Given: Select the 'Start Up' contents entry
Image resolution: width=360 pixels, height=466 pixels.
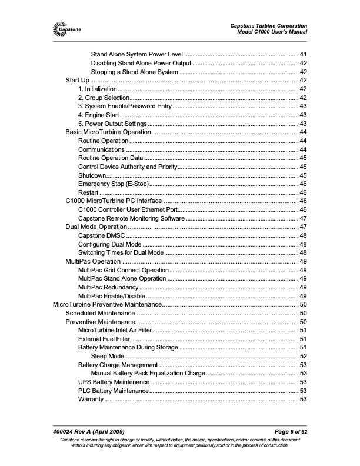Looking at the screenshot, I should pyautogui.click(x=77, y=80).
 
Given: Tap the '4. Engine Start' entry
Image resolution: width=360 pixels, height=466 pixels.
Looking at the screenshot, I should pyautogui.click(x=101, y=115).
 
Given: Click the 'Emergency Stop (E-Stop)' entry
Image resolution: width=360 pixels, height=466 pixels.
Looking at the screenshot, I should pyautogui.click(x=113, y=184).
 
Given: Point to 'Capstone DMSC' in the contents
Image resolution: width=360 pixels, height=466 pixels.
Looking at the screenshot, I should pyautogui.click(x=101, y=235).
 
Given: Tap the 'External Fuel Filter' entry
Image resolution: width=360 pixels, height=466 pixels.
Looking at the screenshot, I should pyautogui.click(x=104, y=339).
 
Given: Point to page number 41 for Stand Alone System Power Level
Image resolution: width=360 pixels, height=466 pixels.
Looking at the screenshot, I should pyautogui.click(x=304, y=54).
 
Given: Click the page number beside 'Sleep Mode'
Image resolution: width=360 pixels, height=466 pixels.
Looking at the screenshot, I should pyautogui.click(x=304, y=357).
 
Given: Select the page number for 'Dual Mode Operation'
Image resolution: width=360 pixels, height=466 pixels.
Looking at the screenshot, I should pyautogui.click(x=304, y=227).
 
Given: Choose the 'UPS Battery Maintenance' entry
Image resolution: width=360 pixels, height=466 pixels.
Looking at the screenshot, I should pyautogui.click(x=113, y=382).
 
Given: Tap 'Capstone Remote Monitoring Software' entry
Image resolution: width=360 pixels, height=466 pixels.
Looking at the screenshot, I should pyautogui.click(x=131, y=218).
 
